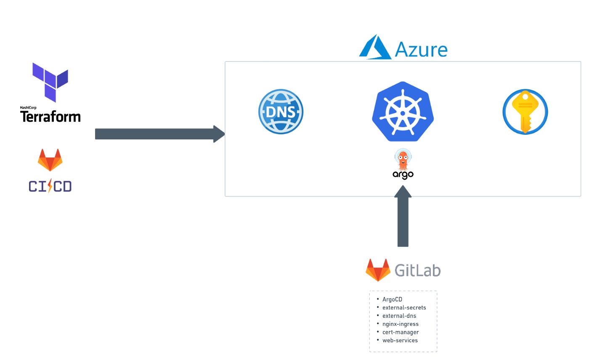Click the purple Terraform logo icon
click(x=50, y=82)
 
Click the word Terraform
click(x=50, y=116)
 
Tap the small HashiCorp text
click(x=28, y=108)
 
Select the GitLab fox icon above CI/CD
click(x=50, y=160)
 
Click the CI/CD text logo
click(x=50, y=186)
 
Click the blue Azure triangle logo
click(x=375, y=48)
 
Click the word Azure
click(x=421, y=50)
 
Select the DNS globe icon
click(x=281, y=112)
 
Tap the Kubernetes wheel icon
click(x=403, y=112)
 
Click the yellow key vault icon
click(x=525, y=112)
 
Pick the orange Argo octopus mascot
click(x=403, y=159)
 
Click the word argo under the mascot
click(x=403, y=174)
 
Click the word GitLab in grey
click(x=417, y=270)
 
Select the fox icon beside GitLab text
click(x=378, y=270)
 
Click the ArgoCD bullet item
click(x=392, y=299)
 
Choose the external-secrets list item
click(x=404, y=307)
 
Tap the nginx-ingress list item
click(x=400, y=324)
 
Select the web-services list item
click(x=400, y=340)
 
